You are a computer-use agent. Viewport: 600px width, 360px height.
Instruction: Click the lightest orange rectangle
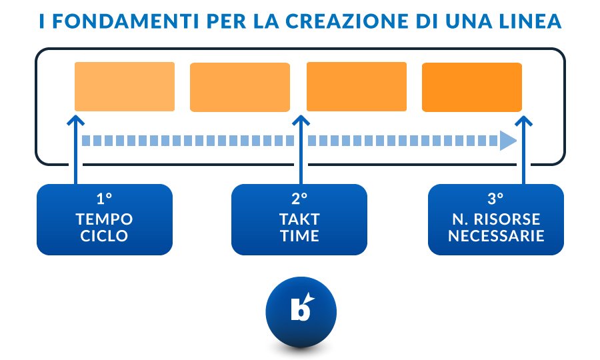point(125,87)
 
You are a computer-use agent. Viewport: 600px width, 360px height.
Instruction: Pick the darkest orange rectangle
point(472,87)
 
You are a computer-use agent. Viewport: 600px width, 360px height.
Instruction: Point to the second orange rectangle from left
point(240,87)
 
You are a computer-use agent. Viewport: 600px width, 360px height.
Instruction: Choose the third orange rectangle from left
point(356,87)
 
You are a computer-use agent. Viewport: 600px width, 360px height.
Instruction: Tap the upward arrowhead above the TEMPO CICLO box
point(76,121)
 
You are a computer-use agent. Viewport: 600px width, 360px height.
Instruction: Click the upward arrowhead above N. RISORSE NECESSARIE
point(525,121)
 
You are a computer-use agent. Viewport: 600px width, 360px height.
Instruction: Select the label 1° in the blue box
point(104,199)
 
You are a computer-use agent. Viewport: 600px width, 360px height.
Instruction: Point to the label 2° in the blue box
point(299,199)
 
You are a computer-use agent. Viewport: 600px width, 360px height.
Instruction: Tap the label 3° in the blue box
point(495,199)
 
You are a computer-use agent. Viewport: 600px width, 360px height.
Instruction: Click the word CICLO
point(105,235)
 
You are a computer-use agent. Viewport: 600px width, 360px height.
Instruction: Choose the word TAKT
point(299,219)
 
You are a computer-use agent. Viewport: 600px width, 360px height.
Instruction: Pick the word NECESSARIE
point(496,235)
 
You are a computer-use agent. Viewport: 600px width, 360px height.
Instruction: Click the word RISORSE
point(509,219)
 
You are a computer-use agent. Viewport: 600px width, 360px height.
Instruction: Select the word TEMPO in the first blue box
point(105,219)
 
